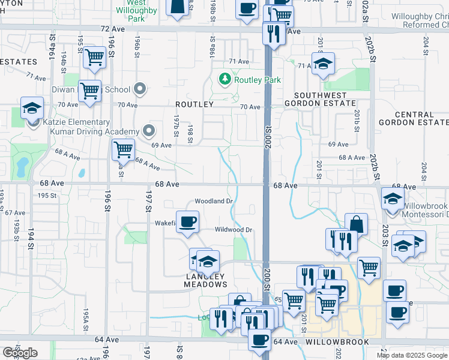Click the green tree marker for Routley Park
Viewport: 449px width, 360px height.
224,79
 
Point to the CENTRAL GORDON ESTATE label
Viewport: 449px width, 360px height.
414,118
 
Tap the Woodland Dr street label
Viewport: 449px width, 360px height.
213,201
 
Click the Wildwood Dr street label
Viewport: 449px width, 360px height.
234,230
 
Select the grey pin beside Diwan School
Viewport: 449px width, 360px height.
140,89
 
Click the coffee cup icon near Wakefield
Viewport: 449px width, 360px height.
187,221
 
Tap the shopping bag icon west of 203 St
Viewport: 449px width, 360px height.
357,224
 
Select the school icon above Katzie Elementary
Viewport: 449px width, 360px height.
32,108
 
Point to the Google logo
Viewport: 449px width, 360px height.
20,353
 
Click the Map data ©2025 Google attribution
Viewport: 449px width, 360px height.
412,355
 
